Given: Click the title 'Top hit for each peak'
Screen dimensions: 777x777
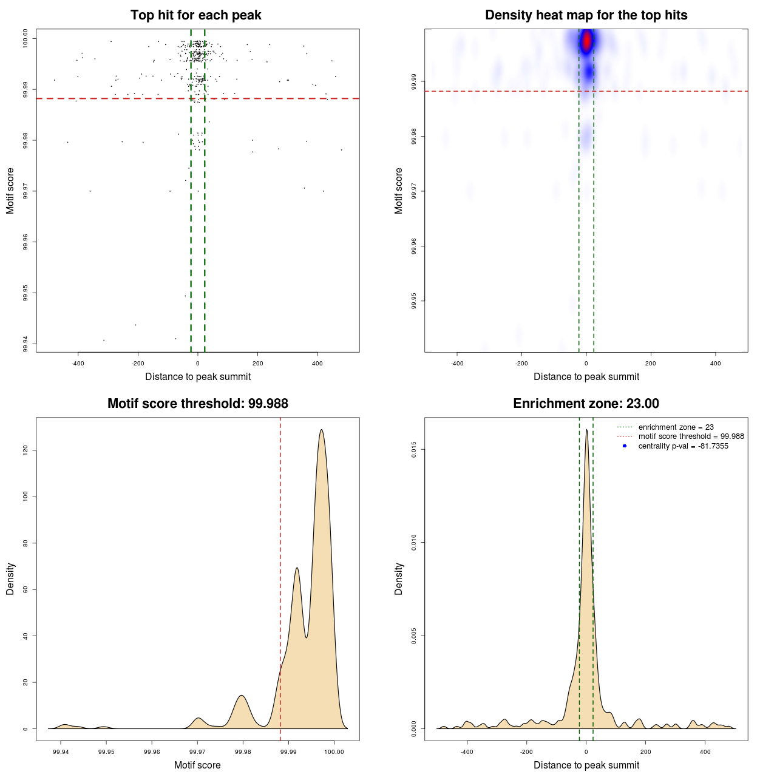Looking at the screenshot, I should pyautogui.click(x=195, y=15).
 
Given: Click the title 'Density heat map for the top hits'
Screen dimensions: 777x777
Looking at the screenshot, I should pyautogui.click(x=586, y=15).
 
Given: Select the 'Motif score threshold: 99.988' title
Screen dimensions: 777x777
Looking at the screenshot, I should pyautogui.click(x=197, y=404).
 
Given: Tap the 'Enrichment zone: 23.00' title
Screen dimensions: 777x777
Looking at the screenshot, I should pyautogui.click(x=586, y=404).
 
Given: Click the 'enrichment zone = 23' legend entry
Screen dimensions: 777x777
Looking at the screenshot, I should pyautogui.click(x=676, y=427).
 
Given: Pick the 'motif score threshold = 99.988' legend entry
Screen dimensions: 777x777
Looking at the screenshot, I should pyautogui.click(x=691, y=436).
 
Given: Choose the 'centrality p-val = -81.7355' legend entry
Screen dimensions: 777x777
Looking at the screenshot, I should pyautogui.click(x=683, y=446).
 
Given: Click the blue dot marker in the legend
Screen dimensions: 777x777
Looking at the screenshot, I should pyautogui.click(x=625, y=446).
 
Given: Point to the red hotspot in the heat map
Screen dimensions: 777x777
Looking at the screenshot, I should pyautogui.click(x=586, y=42).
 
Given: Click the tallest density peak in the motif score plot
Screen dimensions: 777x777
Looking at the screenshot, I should pyautogui.click(x=321, y=430).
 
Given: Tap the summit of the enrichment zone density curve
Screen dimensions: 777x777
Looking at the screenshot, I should pyautogui.click(x=586, y=430).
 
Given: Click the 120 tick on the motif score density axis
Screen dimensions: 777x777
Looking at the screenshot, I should pyautogui.click(x=25, y=450).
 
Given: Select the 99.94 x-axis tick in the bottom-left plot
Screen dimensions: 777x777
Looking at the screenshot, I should pyautogui.click(x=61, y=752).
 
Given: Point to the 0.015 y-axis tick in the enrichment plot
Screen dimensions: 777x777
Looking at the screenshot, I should pyautogui.click(x=414, y=449).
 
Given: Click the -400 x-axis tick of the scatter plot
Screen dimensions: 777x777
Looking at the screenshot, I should pyautogui.click(x=78, y=363).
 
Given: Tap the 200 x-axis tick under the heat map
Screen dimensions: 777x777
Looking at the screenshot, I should pyautogui.click(x=651, y=363).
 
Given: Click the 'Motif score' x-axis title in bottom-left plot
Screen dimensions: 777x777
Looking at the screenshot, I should pyautogui.click(x=197, y=765).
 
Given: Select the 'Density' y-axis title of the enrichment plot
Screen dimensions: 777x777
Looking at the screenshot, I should pyautogui.click(x=399, y=579).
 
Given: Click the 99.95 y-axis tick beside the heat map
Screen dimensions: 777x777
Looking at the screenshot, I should pyautogui.click(x=414, y=301).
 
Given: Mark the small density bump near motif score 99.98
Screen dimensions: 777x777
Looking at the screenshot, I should pyautogui.click(x=242, y=696).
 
